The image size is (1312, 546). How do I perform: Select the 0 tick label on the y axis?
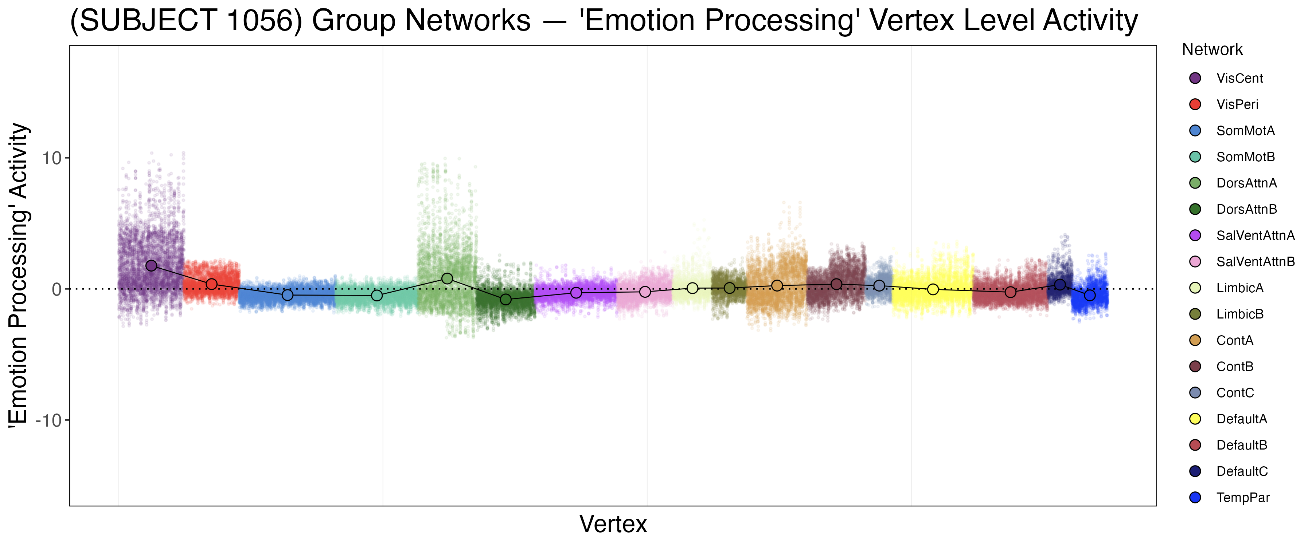pyautogui.click(x=56, y=289)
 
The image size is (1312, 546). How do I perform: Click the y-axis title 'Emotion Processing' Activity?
pyautogui.click(x=19, y=275)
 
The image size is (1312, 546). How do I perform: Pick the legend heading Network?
pyautogui.click(x=1212, y=50)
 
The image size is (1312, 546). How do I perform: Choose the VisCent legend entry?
pyautogui.click(x=1239, y=78)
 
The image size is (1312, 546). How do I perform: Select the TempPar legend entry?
pyautogui.click(x=1242, y=498)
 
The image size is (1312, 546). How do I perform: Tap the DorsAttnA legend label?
pyautogui.click(x=1246, y=183)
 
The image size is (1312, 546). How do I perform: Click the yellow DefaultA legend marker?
pyautogui.click(x=1195, y=419)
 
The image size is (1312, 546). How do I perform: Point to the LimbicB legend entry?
pyautogui.click(x=1240, y=314)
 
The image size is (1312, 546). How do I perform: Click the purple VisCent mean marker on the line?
pyautogui.click(x=151, y=266)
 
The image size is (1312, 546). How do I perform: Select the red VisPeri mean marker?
pyautogui.click(x=211, y=284)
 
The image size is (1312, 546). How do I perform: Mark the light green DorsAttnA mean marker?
pyautogui.click(x=447, y=278)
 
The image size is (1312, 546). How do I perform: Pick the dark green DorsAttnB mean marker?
pyautogui.click(x=506, y=299)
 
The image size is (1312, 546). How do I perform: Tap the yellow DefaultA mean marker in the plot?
pyautogui.click(x=933, y=289)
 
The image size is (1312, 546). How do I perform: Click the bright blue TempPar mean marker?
pyautogui.click(x=1089, y=295)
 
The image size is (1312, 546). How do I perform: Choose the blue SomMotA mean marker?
pyautogui.click(x=287, y=295)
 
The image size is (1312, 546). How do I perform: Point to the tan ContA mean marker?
pyautogui.click(x=777, y=286)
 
